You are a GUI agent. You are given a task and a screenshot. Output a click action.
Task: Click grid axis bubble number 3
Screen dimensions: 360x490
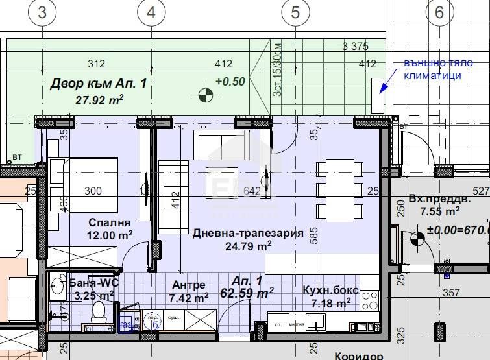[x=43, y=11]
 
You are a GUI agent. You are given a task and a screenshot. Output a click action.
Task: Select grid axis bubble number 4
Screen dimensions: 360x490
[x=151, y=11]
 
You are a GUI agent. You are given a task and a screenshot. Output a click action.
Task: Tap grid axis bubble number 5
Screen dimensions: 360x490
[x=295, y=11]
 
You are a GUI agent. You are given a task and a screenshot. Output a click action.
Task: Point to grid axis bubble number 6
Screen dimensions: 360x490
[x=439, y=11]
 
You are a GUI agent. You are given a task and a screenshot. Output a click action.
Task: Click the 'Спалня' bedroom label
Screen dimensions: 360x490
[x=105, y=222]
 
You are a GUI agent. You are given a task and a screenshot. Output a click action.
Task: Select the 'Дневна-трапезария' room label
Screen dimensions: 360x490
[x=248, y=234]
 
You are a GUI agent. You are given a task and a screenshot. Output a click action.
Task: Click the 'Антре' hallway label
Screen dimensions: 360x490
[x=189, y=285]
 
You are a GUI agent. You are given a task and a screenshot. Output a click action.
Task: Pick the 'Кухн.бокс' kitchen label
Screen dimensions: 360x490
[x=327, y=290]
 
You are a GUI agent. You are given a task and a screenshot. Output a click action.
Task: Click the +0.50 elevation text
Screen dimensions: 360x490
[x=230, y=82]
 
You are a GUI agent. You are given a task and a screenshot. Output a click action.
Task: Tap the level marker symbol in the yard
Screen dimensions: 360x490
[x=206, y=95]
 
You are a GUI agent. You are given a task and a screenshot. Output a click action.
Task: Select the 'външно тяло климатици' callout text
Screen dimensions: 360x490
[x=432, y=69]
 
